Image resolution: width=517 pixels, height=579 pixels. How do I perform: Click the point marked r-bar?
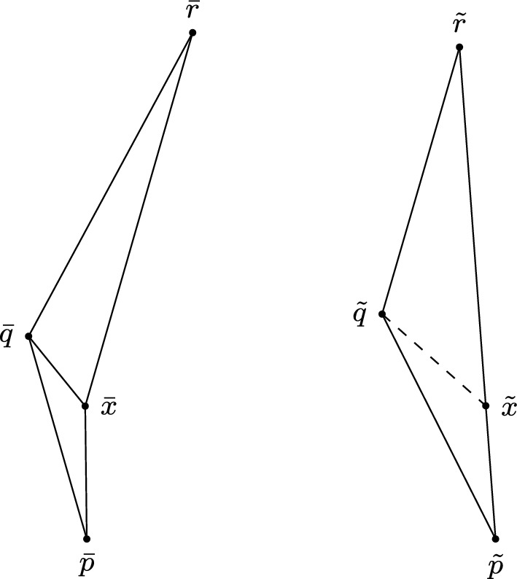(x=193, y=32)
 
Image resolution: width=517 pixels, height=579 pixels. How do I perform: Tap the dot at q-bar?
(x=28, y=336)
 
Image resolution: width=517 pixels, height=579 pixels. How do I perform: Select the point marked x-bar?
(x=85, y=405)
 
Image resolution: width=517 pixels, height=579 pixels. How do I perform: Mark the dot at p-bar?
(x=87, y=539)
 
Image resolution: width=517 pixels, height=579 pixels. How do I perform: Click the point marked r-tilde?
(x=459, y=47)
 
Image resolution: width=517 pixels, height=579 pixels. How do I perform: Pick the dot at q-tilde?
(x=381, y=314)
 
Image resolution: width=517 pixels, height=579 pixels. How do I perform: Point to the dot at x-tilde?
(x=486, y=405)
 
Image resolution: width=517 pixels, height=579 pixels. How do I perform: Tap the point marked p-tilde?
(x=496, y=539)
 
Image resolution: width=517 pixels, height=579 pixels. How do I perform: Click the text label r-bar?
(x=193, y=12)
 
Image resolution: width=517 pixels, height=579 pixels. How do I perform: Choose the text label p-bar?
(x=87, y=564)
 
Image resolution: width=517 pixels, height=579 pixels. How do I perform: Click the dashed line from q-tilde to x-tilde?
(x=434, y=360)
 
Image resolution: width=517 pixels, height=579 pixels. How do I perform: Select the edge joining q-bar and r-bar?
(x=110, y=184)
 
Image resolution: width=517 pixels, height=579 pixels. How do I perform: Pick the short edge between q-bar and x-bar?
(x=57, y=370)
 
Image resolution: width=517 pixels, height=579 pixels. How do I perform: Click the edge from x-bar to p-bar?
(x=86, y=473)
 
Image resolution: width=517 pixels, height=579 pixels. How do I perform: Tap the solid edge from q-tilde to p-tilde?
(x=438, y=427)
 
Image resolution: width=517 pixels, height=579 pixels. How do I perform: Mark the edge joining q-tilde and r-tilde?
(x=421, y=181)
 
